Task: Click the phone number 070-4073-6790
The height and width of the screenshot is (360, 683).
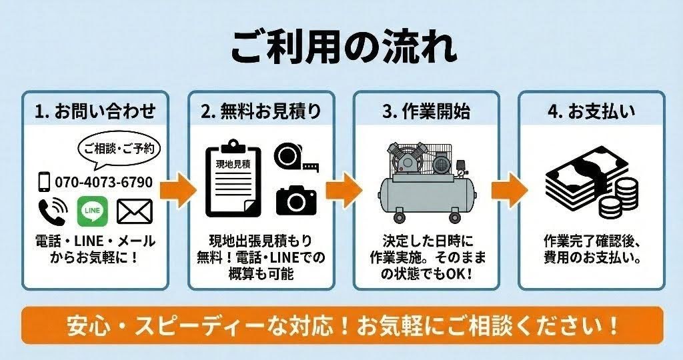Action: [x=103, y=182]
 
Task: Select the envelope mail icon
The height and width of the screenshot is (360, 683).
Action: [x=135, y=211]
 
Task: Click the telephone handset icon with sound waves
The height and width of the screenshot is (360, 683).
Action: [x=52, y=211]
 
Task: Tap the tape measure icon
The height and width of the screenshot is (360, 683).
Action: [x=295, y=157]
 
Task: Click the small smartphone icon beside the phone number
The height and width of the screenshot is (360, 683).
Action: [x=44, y=182]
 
